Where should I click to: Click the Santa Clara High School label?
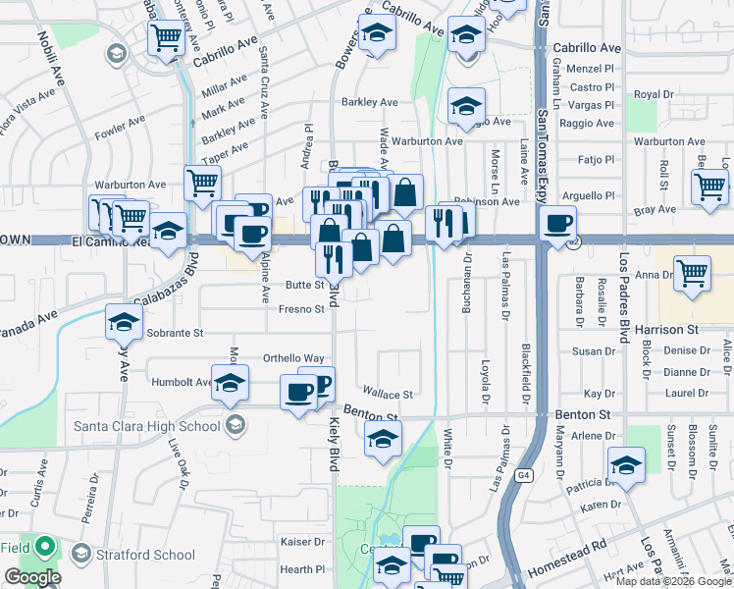pos(147,425)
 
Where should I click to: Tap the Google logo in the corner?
pos(32,576)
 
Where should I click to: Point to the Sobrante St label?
pos(175,333)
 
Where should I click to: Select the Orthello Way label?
pos(293,358)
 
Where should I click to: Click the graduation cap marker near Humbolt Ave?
pos(230,384)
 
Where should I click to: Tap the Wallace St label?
pos(388,395)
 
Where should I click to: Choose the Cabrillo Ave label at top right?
pos(587,47)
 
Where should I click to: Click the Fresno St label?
pos(301,309)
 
